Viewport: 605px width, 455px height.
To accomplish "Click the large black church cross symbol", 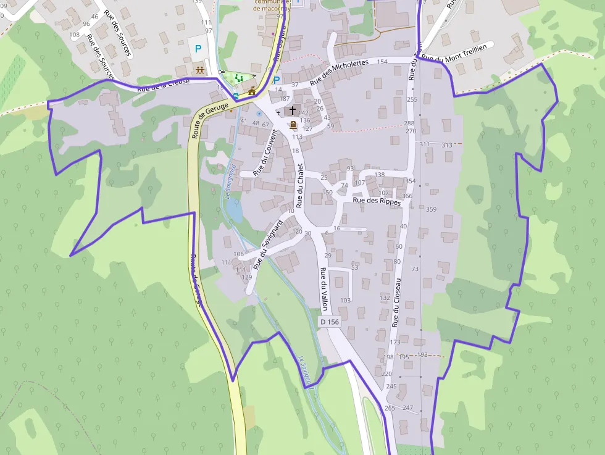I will pos(293,111).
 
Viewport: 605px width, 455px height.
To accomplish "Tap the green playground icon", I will pos(238,78).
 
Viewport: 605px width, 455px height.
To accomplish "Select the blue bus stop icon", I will pos(236,96).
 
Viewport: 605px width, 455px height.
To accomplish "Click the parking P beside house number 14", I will pos(277,80).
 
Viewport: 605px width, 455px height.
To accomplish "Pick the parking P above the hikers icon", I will pos(198,48).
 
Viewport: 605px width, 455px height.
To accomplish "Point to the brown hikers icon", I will pos(200,70).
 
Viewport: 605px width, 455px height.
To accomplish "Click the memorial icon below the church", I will pos(293,125).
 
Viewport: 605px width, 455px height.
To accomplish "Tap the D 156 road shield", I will pos(330,322).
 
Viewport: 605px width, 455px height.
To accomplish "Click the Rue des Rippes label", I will pos(377,201).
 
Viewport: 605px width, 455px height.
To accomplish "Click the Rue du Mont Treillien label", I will pos(454,53).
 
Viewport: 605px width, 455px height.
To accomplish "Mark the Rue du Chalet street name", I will pos(300,185).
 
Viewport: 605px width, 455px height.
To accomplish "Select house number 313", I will pos(447,144).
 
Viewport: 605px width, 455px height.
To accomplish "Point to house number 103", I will pos(345,301).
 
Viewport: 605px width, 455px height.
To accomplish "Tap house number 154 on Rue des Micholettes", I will pos(382,62).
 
